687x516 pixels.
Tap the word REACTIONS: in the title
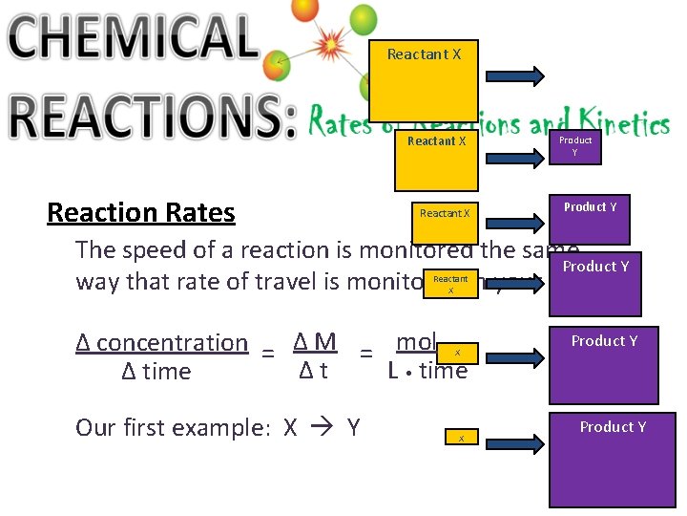[153, 119]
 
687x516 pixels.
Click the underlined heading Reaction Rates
[141, 212]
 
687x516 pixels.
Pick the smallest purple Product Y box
[574, 145]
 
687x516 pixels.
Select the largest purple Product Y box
[613, 459]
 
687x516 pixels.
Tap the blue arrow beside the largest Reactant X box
[515, 75]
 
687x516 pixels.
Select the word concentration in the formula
[172, 342]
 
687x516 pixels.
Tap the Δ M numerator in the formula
[314, 341]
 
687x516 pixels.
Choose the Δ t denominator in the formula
[313, 371]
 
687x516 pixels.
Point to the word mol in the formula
[416, 341]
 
